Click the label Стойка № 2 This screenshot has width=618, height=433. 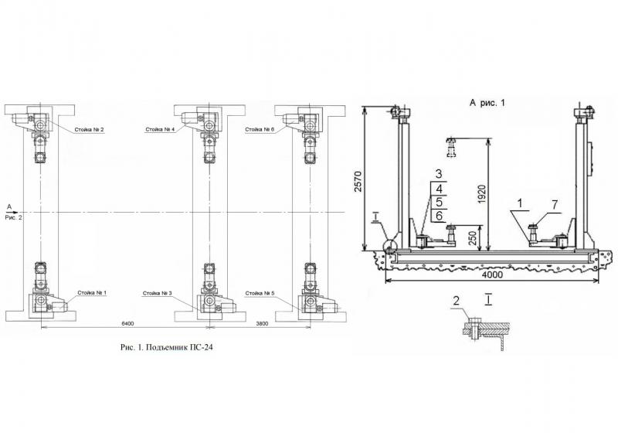coord(89,129)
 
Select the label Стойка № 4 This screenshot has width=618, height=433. coord(160,129)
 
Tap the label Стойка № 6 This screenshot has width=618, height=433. coord(260,129)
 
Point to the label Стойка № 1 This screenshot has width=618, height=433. coord(92,293)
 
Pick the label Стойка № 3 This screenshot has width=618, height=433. coord(158,293)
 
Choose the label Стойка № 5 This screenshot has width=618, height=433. coord(260,293)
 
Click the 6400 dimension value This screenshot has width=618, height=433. coord(127,324)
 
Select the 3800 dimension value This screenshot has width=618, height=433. coord(262,324)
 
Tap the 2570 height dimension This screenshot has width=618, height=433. coord(358,181)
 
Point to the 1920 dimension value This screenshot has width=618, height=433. coord(482,194)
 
